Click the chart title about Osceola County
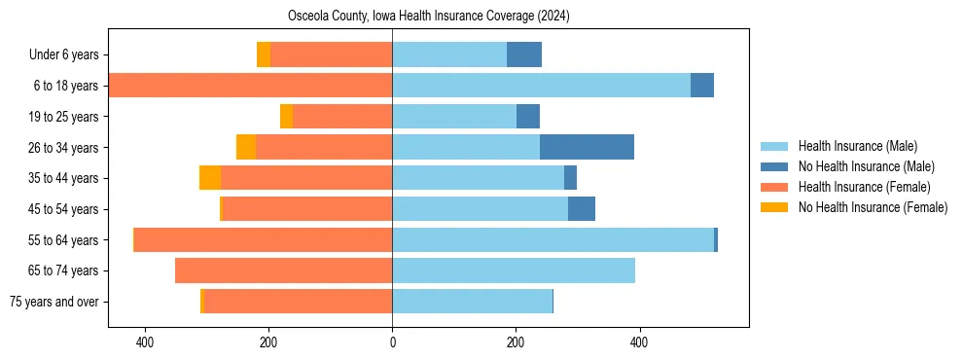pos(428,17)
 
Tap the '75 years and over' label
pos(54,302)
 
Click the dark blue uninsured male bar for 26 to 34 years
pos(587,147)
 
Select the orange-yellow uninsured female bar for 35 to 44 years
pos(210,178)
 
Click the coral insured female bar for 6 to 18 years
pos(250,86)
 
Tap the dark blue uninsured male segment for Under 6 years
pos(524,55)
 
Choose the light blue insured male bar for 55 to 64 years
pos(553,239)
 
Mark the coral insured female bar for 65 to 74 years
pos(283,270)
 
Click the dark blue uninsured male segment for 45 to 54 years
pos(582,209)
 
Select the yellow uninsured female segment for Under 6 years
pos(264,55)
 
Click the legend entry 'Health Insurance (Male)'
pos(857,146)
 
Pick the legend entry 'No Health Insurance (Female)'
pos(873,207)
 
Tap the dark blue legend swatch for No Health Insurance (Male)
pos(775,166)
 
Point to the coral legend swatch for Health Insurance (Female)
pos(775,187)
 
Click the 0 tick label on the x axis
pos(392,342)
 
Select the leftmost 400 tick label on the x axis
pos(145,342)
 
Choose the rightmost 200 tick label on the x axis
pos(516,342)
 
